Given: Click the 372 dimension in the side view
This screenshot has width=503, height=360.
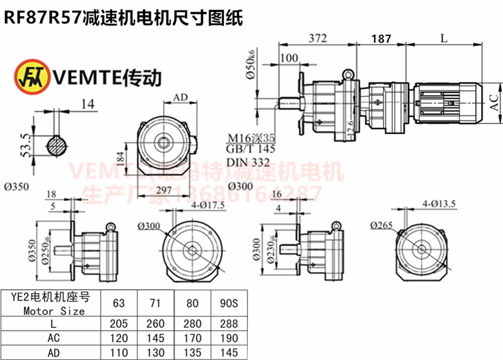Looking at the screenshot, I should [318, 38].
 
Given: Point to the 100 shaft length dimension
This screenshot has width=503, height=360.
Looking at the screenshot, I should [290, 59].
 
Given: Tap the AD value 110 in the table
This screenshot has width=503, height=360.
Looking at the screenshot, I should [118, 351].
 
